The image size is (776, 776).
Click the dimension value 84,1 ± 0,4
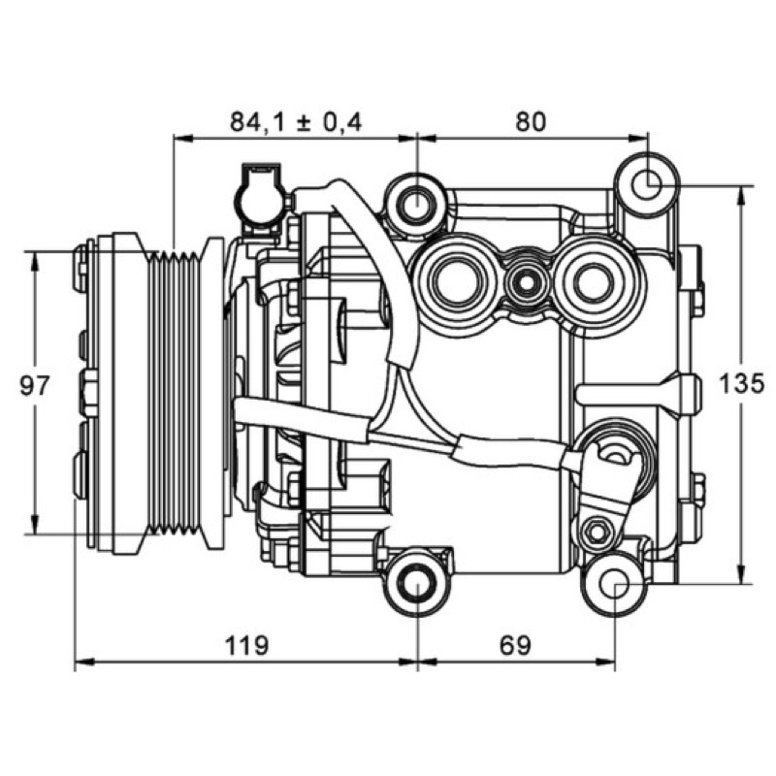(x=296, y=122)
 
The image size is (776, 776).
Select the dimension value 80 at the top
(x=531, y=122)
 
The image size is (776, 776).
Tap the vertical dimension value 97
(x=35, y=385)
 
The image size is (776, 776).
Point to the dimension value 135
(x=741, y=383)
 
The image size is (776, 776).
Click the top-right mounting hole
(x=647, y=185)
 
